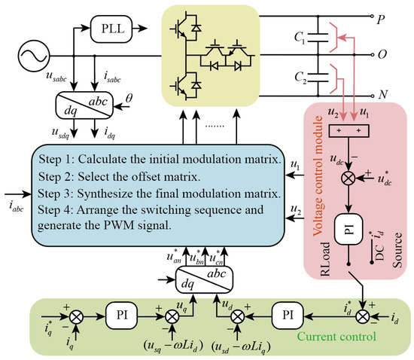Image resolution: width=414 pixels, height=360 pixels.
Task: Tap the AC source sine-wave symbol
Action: click(34, 56)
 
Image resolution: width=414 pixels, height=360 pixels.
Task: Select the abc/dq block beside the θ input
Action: click(84, 105)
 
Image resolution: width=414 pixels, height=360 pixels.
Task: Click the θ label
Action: click(129, 99)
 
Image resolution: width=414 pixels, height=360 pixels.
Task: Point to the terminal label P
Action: click(381, 20)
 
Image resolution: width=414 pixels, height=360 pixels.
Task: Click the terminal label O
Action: click(382, 55)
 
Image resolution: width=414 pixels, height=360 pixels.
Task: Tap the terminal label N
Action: click(383, 94)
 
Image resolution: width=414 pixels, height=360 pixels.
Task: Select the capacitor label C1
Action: click(300, 37)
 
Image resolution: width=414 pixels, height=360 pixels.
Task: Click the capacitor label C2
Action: click(300, 78)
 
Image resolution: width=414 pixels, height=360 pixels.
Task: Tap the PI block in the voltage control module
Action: click(349, 229)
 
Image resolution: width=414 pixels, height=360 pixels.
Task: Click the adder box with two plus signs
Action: click(349, 131)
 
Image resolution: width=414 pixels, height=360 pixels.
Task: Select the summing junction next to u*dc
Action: click(349, 178)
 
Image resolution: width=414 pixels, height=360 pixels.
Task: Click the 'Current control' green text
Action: click(336, 337)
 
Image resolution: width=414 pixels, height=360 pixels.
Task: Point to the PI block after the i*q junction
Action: click(122, 316)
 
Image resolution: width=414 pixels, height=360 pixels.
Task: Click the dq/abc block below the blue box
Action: click(204, 279)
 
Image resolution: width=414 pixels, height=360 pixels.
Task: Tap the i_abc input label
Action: click(17, 206)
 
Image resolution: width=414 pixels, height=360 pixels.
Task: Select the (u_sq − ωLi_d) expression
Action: click(174, 346)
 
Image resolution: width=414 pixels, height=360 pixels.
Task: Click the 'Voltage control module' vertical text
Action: click(318, 175)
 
